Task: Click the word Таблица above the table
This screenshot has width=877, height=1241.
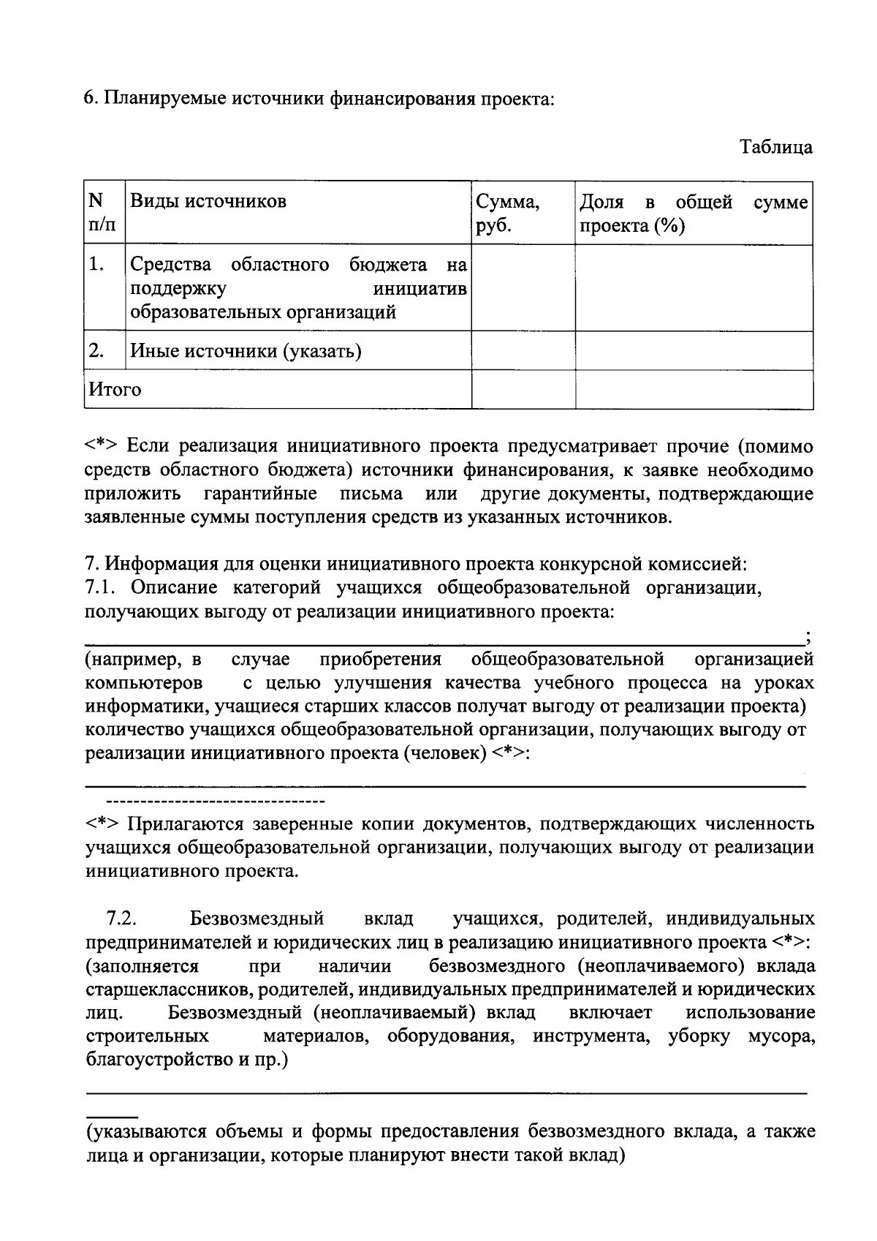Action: coord(776,147)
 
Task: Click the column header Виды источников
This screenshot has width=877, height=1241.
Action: coord(208,201)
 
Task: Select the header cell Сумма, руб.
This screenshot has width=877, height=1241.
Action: coord(508,213)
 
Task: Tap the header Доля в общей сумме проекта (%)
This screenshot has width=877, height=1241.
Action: coord(694,213)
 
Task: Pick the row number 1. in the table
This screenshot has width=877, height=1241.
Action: coord(96,264)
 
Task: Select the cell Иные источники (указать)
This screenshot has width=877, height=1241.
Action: coord(246,352)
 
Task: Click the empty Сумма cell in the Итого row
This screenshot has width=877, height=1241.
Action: coord(523,390)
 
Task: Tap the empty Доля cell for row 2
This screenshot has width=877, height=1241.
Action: coord(694,351)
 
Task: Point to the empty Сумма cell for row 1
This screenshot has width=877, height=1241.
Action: coord(523,287)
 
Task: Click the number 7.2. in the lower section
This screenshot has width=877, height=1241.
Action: coord(121,919)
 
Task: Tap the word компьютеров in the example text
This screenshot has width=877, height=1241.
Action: coord(144,684)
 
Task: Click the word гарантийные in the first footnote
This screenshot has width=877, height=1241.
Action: coord(260,494)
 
